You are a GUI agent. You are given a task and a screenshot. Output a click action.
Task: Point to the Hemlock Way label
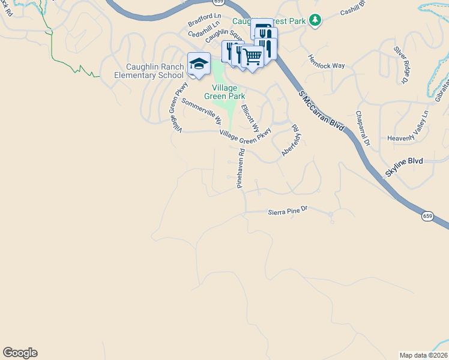click(319, 62)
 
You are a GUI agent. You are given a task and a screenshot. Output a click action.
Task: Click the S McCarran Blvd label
click(321, 114)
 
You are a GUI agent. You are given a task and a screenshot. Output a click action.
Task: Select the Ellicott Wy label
click(250, 118)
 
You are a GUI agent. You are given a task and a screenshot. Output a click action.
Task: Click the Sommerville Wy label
click(202, 112)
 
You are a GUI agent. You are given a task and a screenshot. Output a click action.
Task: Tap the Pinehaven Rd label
click(241, 169)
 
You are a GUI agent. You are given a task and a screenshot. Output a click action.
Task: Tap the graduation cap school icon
click(199, 64)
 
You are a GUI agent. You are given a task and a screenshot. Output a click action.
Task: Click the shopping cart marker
click(253, 56)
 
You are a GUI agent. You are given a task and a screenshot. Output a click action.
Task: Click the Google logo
click(20, 353)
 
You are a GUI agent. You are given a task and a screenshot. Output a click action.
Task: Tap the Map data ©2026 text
click(423, 355)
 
